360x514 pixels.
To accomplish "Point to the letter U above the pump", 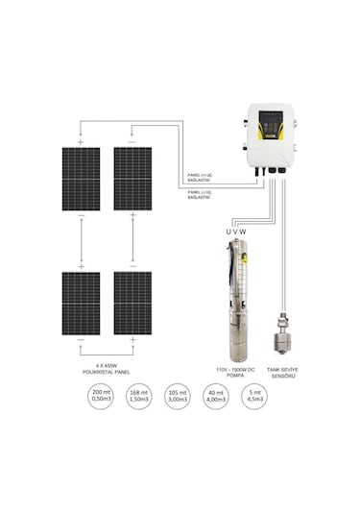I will click(228, 231).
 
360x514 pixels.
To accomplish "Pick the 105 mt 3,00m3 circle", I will click(179, 399).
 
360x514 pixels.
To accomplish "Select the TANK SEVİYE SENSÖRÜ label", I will click(288, 371).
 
